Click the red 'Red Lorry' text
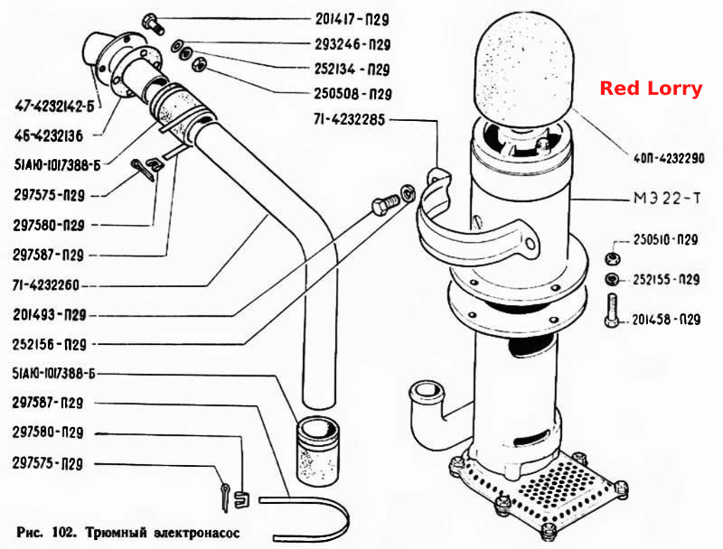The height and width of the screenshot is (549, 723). point(651,88)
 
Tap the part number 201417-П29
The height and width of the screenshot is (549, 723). point(352,19)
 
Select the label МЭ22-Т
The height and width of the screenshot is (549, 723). point(667,199)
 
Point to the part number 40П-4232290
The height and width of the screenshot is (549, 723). point(669,158)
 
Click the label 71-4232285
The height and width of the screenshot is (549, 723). point(349,120)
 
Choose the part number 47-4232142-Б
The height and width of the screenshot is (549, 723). point(54,107)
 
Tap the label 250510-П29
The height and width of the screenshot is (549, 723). point(665,239)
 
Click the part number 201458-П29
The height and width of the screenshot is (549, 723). point(666,319)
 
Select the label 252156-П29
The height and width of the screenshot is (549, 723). point(50,345)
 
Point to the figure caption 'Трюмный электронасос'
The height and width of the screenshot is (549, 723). point(163,533)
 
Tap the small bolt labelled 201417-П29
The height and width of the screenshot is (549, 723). point(154,24)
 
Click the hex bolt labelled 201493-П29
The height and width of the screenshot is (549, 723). point(386,205)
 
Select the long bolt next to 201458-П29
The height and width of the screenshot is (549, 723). point(612,311)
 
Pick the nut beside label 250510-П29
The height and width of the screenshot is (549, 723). point(613,258)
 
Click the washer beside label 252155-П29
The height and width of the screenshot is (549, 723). point(613,279)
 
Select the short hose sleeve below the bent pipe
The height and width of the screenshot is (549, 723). point(317,450)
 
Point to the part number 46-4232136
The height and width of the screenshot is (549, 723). point(49,135)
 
